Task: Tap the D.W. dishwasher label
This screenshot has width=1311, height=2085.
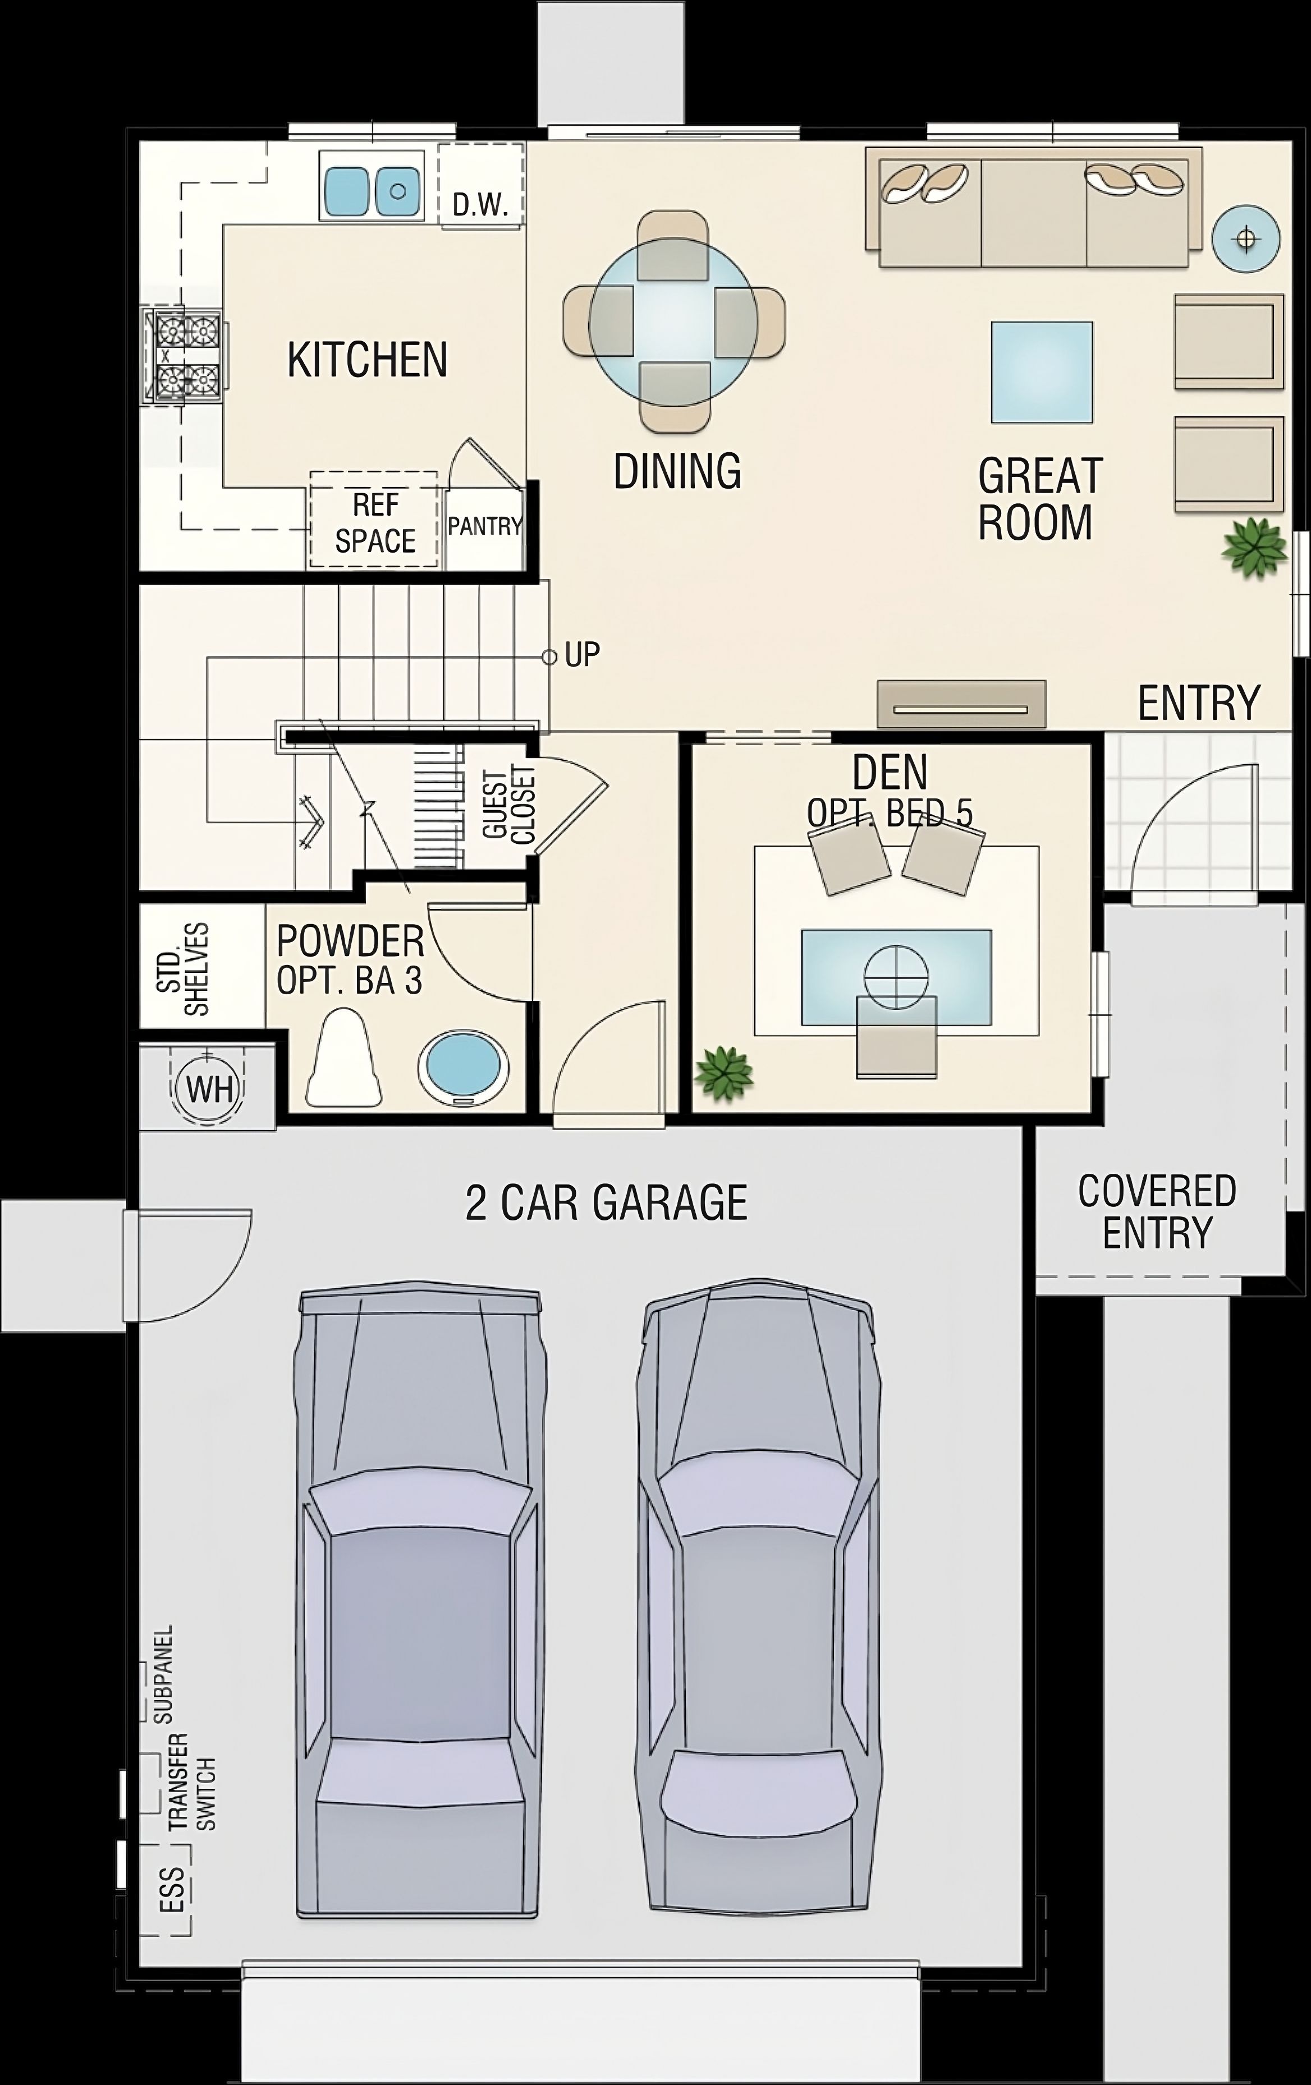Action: (480, 206)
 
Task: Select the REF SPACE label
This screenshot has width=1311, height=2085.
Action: (375, 523)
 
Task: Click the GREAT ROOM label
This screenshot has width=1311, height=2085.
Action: (1039, 499)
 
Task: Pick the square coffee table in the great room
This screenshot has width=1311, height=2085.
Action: (1042, 373)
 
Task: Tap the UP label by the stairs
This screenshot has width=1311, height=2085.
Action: (582, 655)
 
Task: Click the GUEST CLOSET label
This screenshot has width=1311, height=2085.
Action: (509, 805)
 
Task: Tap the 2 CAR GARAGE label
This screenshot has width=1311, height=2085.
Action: (606, 1202)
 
